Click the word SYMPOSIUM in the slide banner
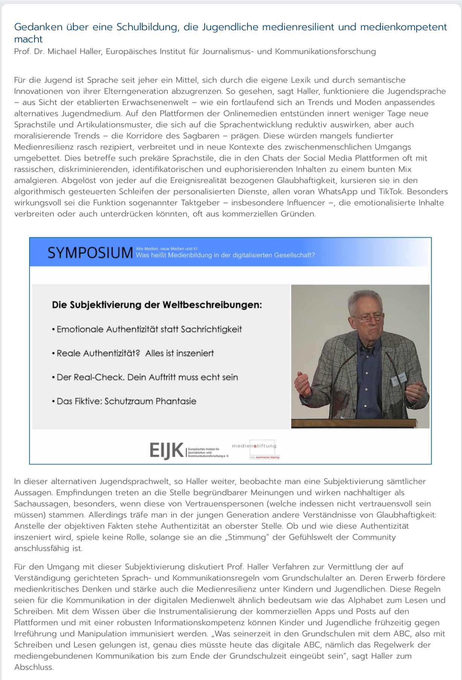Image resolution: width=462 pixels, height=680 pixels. point(90,253)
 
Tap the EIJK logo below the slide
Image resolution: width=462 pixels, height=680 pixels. point(167,450)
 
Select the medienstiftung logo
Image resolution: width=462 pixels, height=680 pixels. point(255,446)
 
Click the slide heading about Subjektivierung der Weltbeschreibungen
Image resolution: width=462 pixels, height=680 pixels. point(157,305)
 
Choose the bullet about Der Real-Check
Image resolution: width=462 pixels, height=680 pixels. point(147,377)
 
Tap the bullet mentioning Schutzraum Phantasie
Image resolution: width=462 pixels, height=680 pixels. point(126,401)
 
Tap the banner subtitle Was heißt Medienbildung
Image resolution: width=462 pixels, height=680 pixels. point(225,255)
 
